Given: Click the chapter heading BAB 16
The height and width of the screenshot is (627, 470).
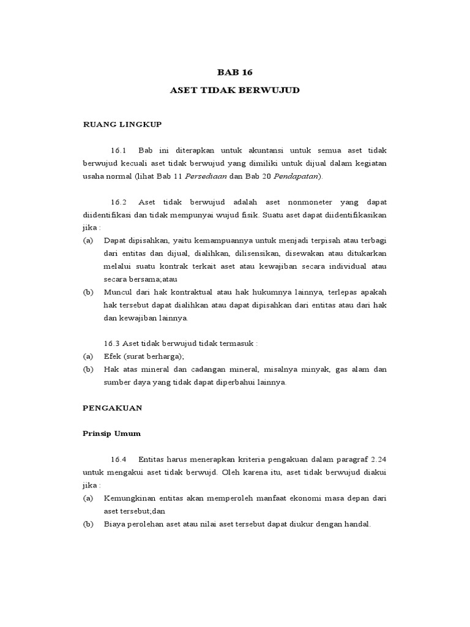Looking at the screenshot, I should (234, 71).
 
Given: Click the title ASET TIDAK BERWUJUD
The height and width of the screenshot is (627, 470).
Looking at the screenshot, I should (234, 91).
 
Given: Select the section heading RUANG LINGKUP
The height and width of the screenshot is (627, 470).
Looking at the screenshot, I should (122, 124).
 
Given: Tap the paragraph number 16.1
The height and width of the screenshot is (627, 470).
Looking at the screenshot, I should (118, 151).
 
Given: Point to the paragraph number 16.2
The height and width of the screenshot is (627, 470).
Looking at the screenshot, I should (118, 202).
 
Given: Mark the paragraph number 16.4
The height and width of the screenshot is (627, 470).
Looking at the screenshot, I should (118, 459).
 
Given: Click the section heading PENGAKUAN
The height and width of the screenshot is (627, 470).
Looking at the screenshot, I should (113, 407).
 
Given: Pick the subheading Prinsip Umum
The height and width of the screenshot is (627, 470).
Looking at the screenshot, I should (111, 434).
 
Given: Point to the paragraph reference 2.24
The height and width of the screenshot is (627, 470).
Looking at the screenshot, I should (379, 459).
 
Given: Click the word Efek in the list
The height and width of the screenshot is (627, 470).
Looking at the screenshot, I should (112, 356).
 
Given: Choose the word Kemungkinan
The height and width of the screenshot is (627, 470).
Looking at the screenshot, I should (131, 498).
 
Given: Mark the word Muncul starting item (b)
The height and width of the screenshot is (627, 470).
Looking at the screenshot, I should (118, 292).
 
